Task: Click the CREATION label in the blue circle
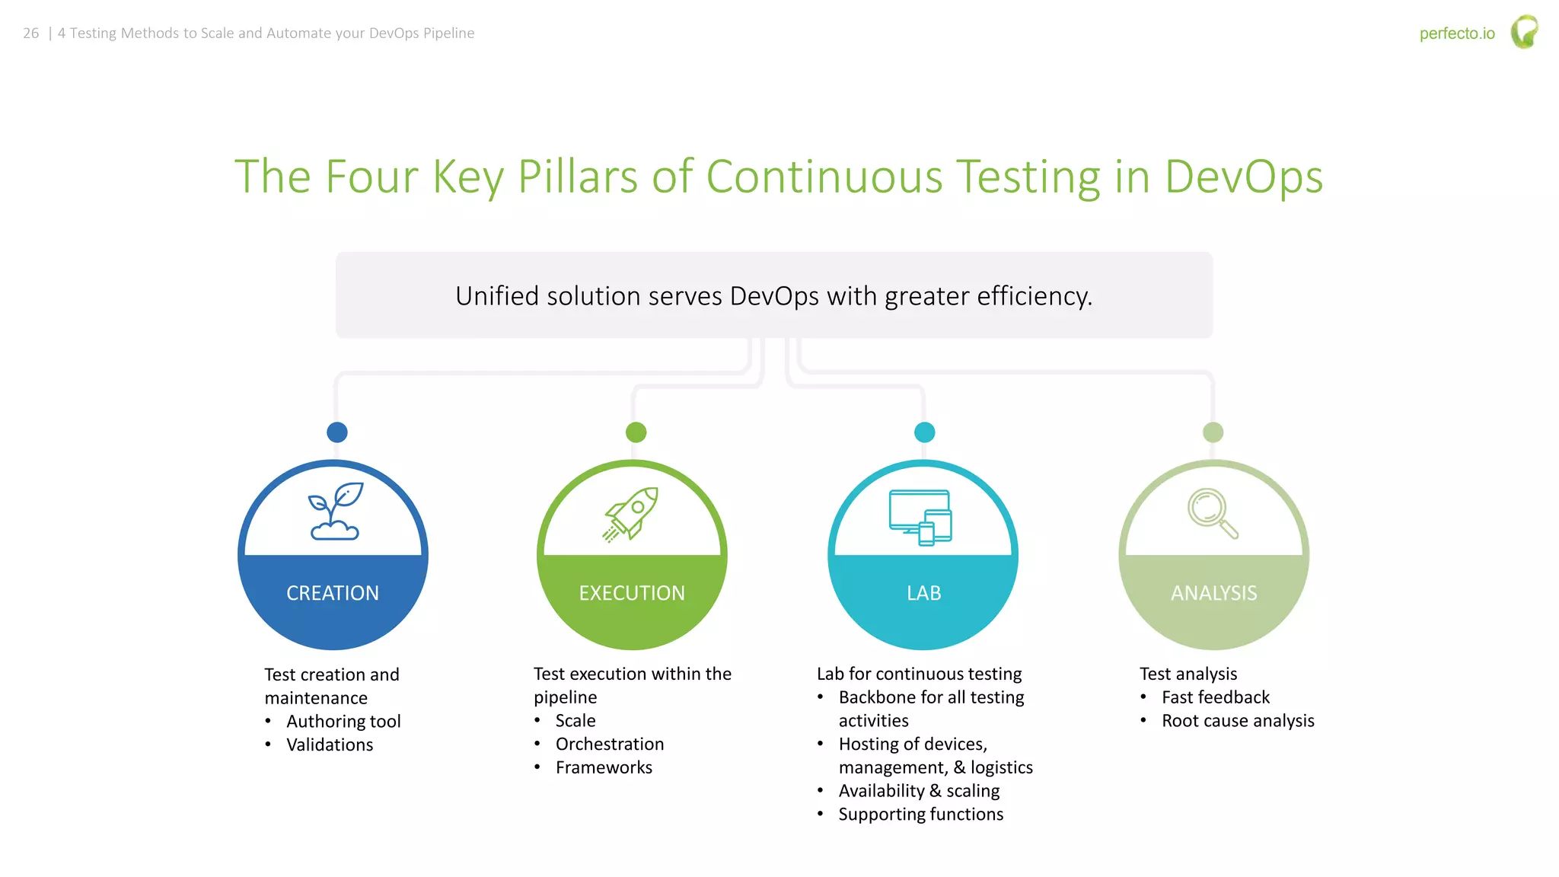[333, 593]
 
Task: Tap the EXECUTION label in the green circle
[632, 593]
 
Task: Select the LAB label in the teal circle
[923, 593]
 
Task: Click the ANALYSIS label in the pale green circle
[1213, 593]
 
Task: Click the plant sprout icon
[335, 511]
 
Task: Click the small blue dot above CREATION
[337, 432]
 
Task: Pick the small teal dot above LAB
[924, 432]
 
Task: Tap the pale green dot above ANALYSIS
[1213, 432]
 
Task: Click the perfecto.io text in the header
[1457, 33]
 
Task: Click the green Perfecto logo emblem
[1524, 32]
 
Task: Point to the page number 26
[31, 33]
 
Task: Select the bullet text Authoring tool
[343, 722]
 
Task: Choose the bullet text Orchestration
[610, 745]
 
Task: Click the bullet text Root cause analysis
[1238, 721]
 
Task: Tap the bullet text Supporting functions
[920, 815]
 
